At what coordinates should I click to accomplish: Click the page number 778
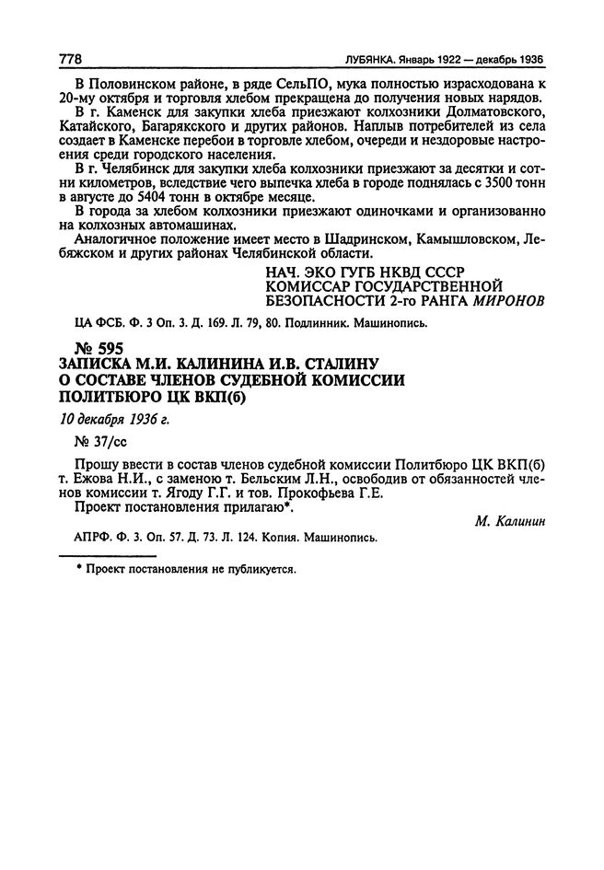71,60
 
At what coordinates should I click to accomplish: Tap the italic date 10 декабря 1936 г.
114,419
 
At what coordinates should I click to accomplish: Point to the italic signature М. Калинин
508,520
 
